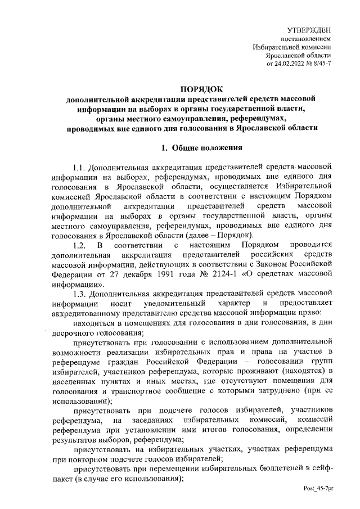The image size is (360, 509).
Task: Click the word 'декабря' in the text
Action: tap(130, 274)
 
